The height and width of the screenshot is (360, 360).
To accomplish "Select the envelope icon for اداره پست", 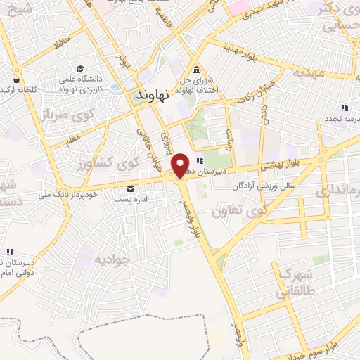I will coord(130,188).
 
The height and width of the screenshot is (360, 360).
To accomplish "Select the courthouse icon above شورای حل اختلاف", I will coord(195,69).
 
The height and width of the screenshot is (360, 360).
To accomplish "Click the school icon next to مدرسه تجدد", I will coord(344,108).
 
